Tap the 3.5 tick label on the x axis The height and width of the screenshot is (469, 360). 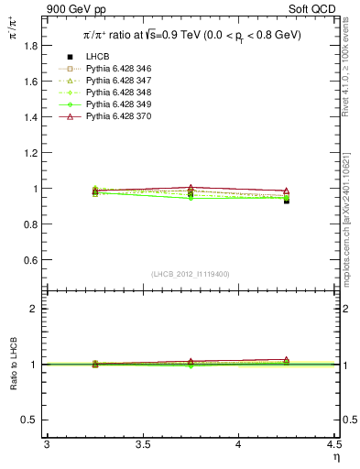point(142,445)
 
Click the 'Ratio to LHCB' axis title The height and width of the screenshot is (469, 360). point(13,364)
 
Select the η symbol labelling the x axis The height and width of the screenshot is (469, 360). point(335,457)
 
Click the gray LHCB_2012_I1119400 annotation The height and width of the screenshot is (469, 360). point(191,274)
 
